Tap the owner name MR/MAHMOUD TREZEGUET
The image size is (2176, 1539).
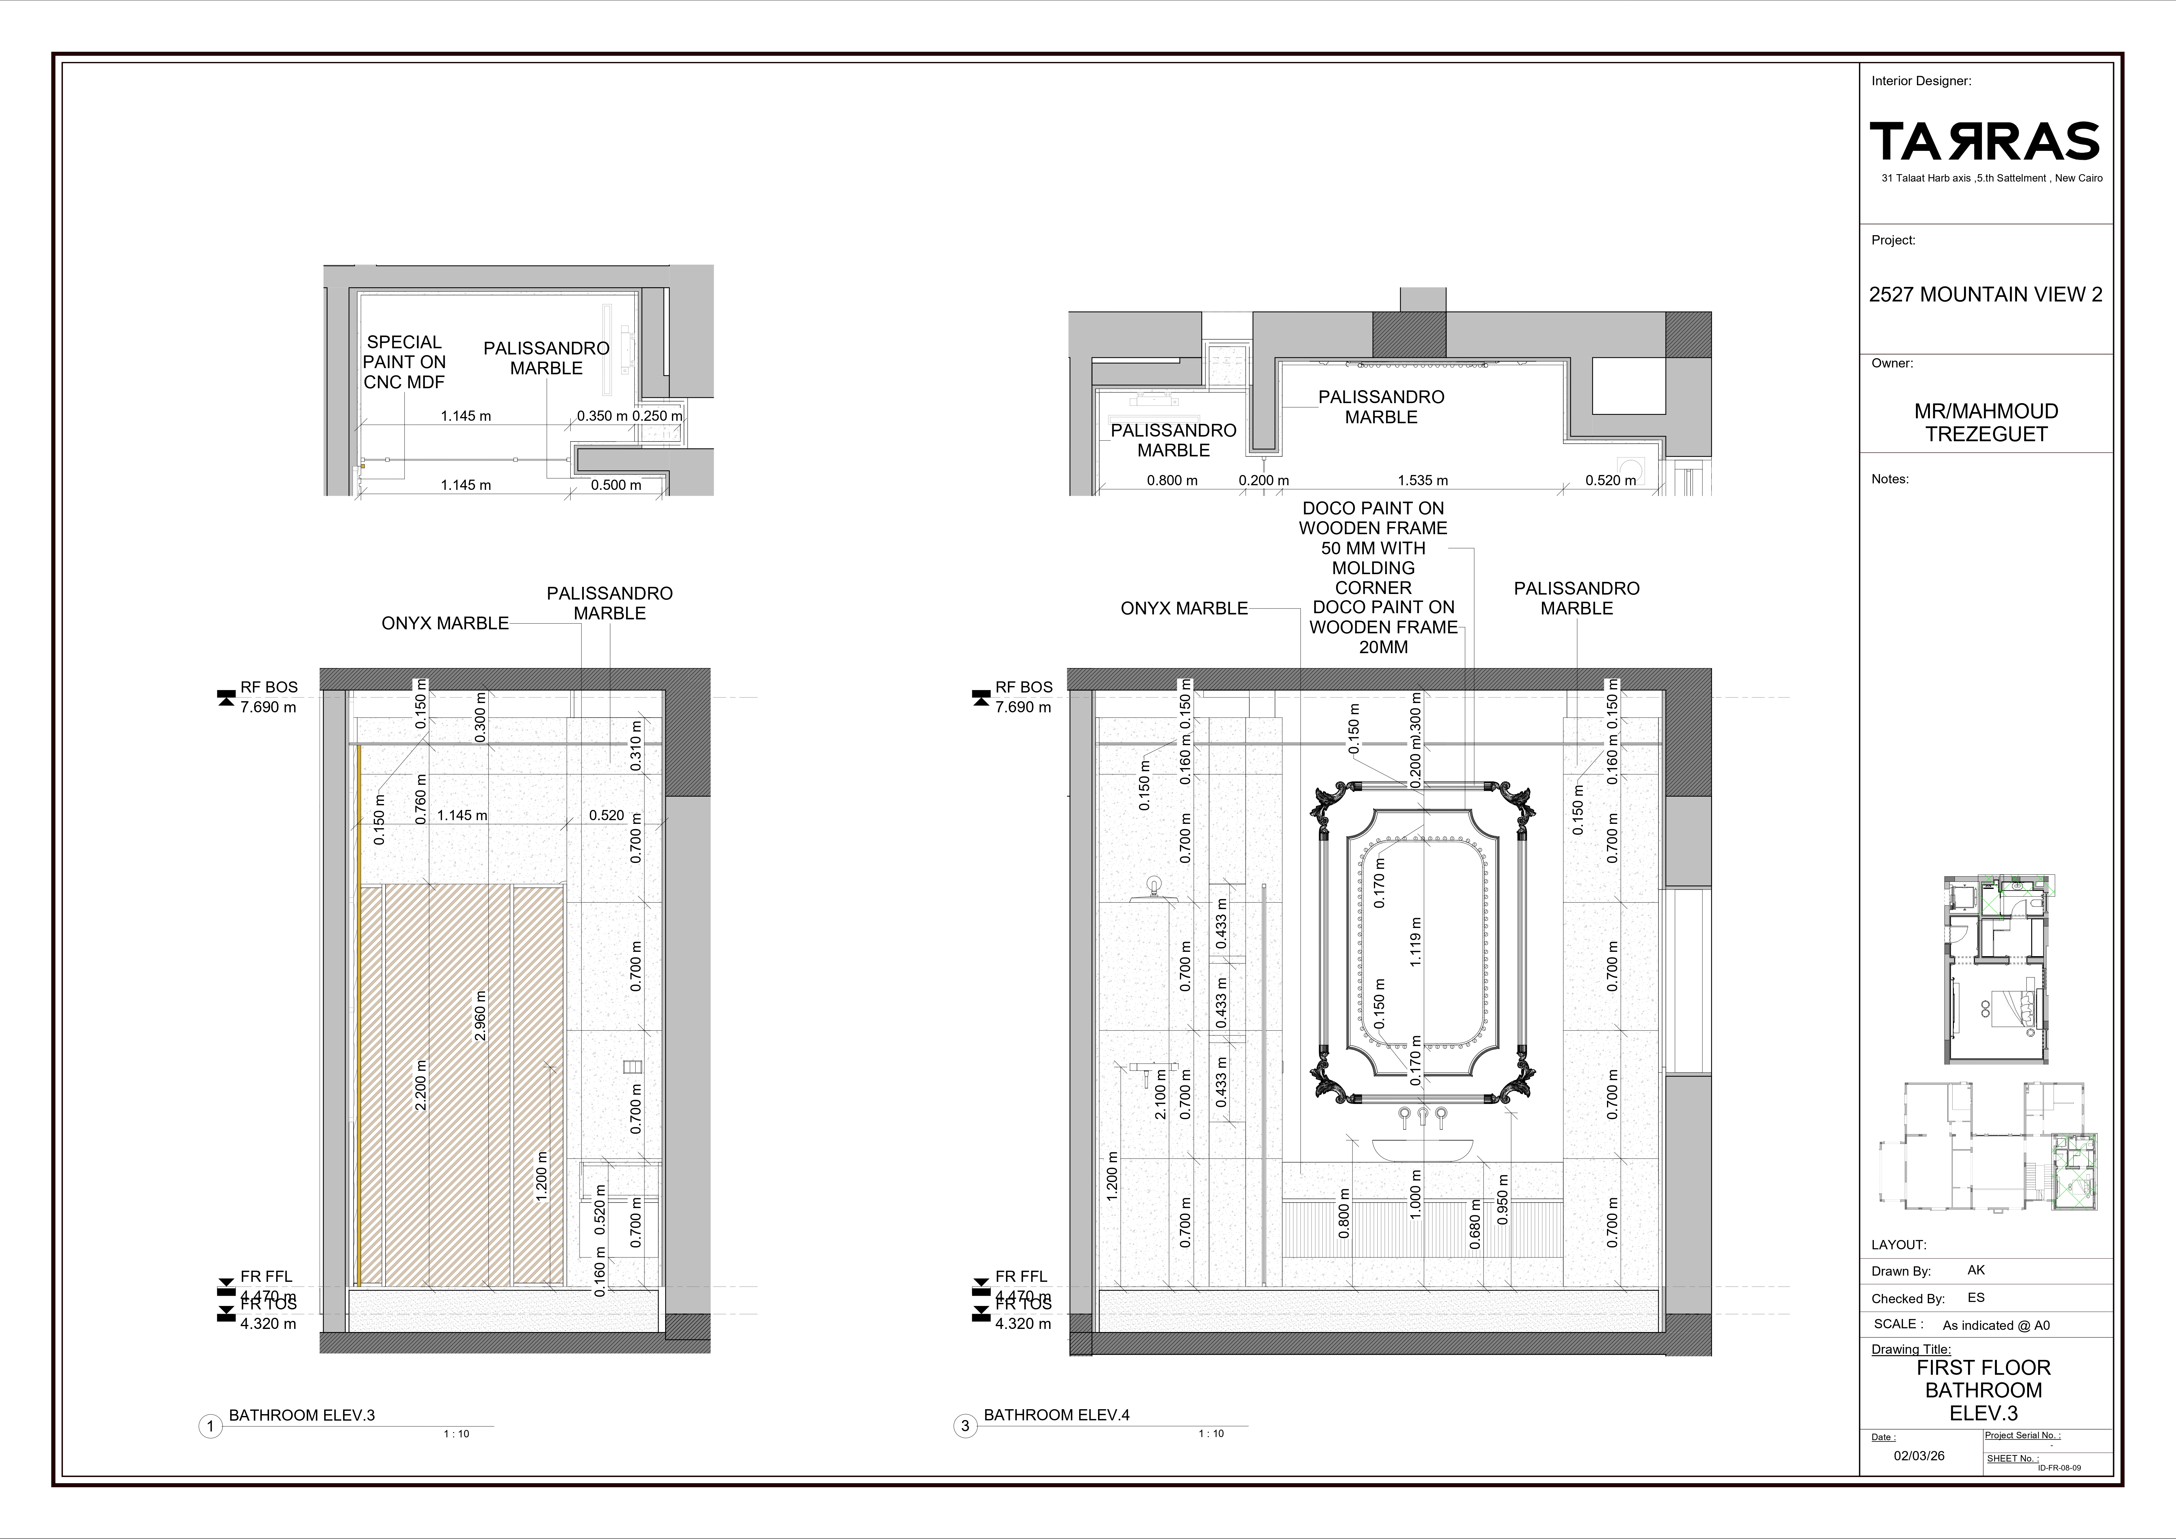1985,423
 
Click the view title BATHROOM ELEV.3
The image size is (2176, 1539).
301,1415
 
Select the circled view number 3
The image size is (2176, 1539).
965,1426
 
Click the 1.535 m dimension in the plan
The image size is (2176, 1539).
1423,481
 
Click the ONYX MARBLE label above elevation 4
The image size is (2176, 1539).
1184,609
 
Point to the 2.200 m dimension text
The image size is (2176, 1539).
421,1085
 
